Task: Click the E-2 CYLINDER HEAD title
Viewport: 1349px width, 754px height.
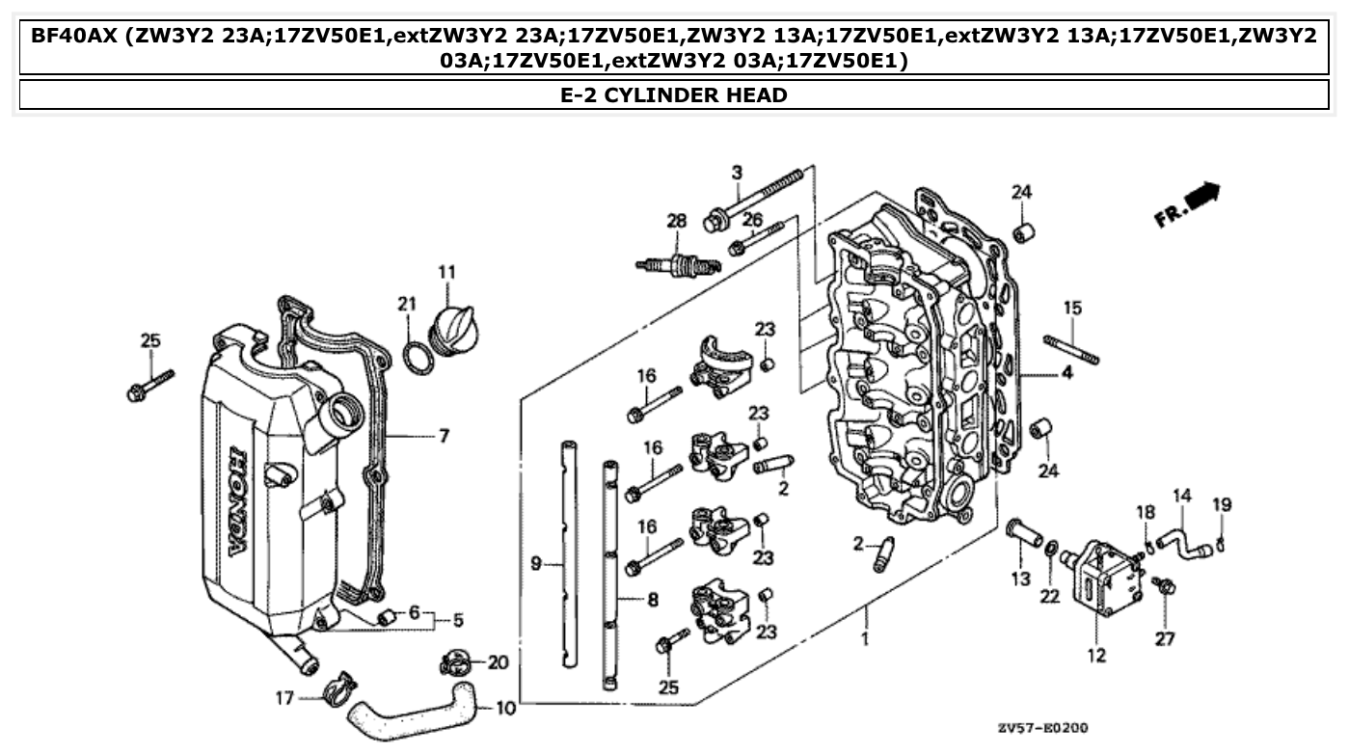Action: tap(674, 94)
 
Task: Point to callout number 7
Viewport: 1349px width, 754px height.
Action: tap(444, 437)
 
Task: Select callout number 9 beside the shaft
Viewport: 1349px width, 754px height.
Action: tap(537, 564)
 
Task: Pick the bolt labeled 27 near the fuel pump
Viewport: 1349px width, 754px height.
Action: tap(1163, 584)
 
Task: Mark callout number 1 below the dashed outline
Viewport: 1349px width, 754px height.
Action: tap(865, 638)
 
